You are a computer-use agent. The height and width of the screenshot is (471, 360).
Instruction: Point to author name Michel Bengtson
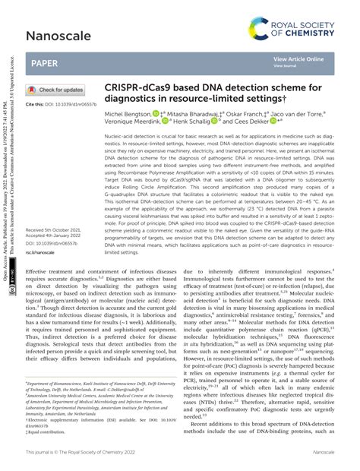pyautogui.click(x=128, y=112)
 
